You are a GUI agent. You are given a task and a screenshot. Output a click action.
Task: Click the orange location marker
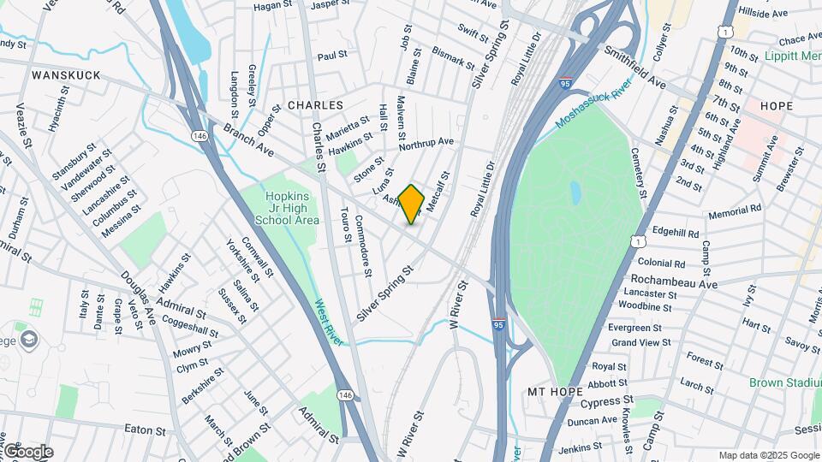point(412,204)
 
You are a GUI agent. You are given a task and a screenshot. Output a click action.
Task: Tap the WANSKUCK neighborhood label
point(66,75)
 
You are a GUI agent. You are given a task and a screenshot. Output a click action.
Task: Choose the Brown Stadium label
point(784,382)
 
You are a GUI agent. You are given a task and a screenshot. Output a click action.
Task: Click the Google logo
point(27,452)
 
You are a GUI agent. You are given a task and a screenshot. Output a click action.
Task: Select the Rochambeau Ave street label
point(673,281)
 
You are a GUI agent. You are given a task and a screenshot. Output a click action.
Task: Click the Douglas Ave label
point(138,293)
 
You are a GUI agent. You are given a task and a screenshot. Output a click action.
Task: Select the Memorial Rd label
point(735,208)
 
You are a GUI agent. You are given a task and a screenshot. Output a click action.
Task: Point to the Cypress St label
point(607,400)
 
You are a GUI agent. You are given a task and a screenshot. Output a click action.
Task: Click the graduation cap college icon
point(30,339)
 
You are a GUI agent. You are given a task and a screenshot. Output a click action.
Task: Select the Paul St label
point(331,56)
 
